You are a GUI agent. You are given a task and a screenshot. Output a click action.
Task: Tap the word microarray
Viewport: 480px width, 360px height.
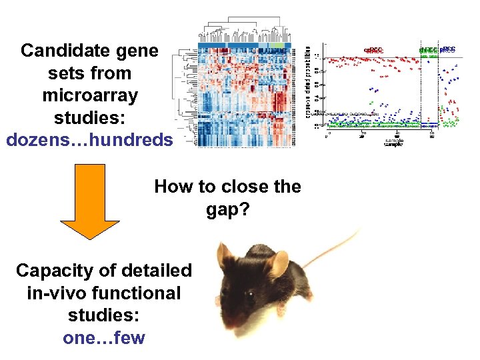(90, 95)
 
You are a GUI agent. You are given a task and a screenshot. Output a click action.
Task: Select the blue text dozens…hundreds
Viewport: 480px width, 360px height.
(89, 140)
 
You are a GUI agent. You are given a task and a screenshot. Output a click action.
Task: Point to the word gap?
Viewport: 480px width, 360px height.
(227, 210)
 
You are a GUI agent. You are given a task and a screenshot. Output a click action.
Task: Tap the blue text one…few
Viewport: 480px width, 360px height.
(103, 337)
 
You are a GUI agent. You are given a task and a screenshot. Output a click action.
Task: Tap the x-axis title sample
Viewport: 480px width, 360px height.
(393, 142)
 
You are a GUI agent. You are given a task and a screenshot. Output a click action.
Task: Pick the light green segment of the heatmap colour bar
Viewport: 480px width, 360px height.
(281, 45)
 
